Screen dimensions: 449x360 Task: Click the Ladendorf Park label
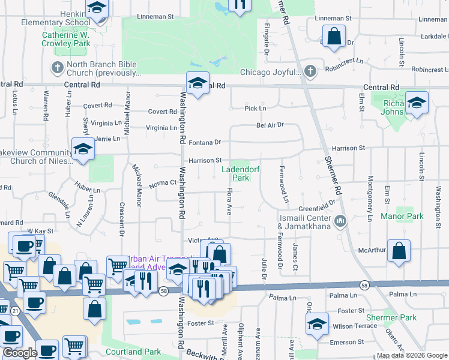pyautogui.click(x=240, y=173)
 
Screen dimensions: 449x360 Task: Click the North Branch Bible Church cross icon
pyautogui.click(x=57, y=66)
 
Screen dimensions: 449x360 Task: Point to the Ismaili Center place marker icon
pyautogui.click(x=342, y=222)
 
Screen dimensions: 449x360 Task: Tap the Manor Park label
pyautogui.click(x=402, y=216)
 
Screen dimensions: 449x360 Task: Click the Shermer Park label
pyautogui.click(x=399, y=317)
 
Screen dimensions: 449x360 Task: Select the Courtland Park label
pyautogui.click(x=133, y=352)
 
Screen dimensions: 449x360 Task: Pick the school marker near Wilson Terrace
pyautogui.click(x=317, y=324)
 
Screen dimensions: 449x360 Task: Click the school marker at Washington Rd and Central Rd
pyautogui.click(x=197, y=84)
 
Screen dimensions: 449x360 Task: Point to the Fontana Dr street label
pyautogui.click(x=205, y=143)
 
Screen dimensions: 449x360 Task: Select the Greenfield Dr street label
pyautogui.click(x=316, y=208)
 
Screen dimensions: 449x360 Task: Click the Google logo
pyautogui.click(x=20, y=353)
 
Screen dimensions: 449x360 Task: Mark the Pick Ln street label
pyautogui.click(x=255, y=109)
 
